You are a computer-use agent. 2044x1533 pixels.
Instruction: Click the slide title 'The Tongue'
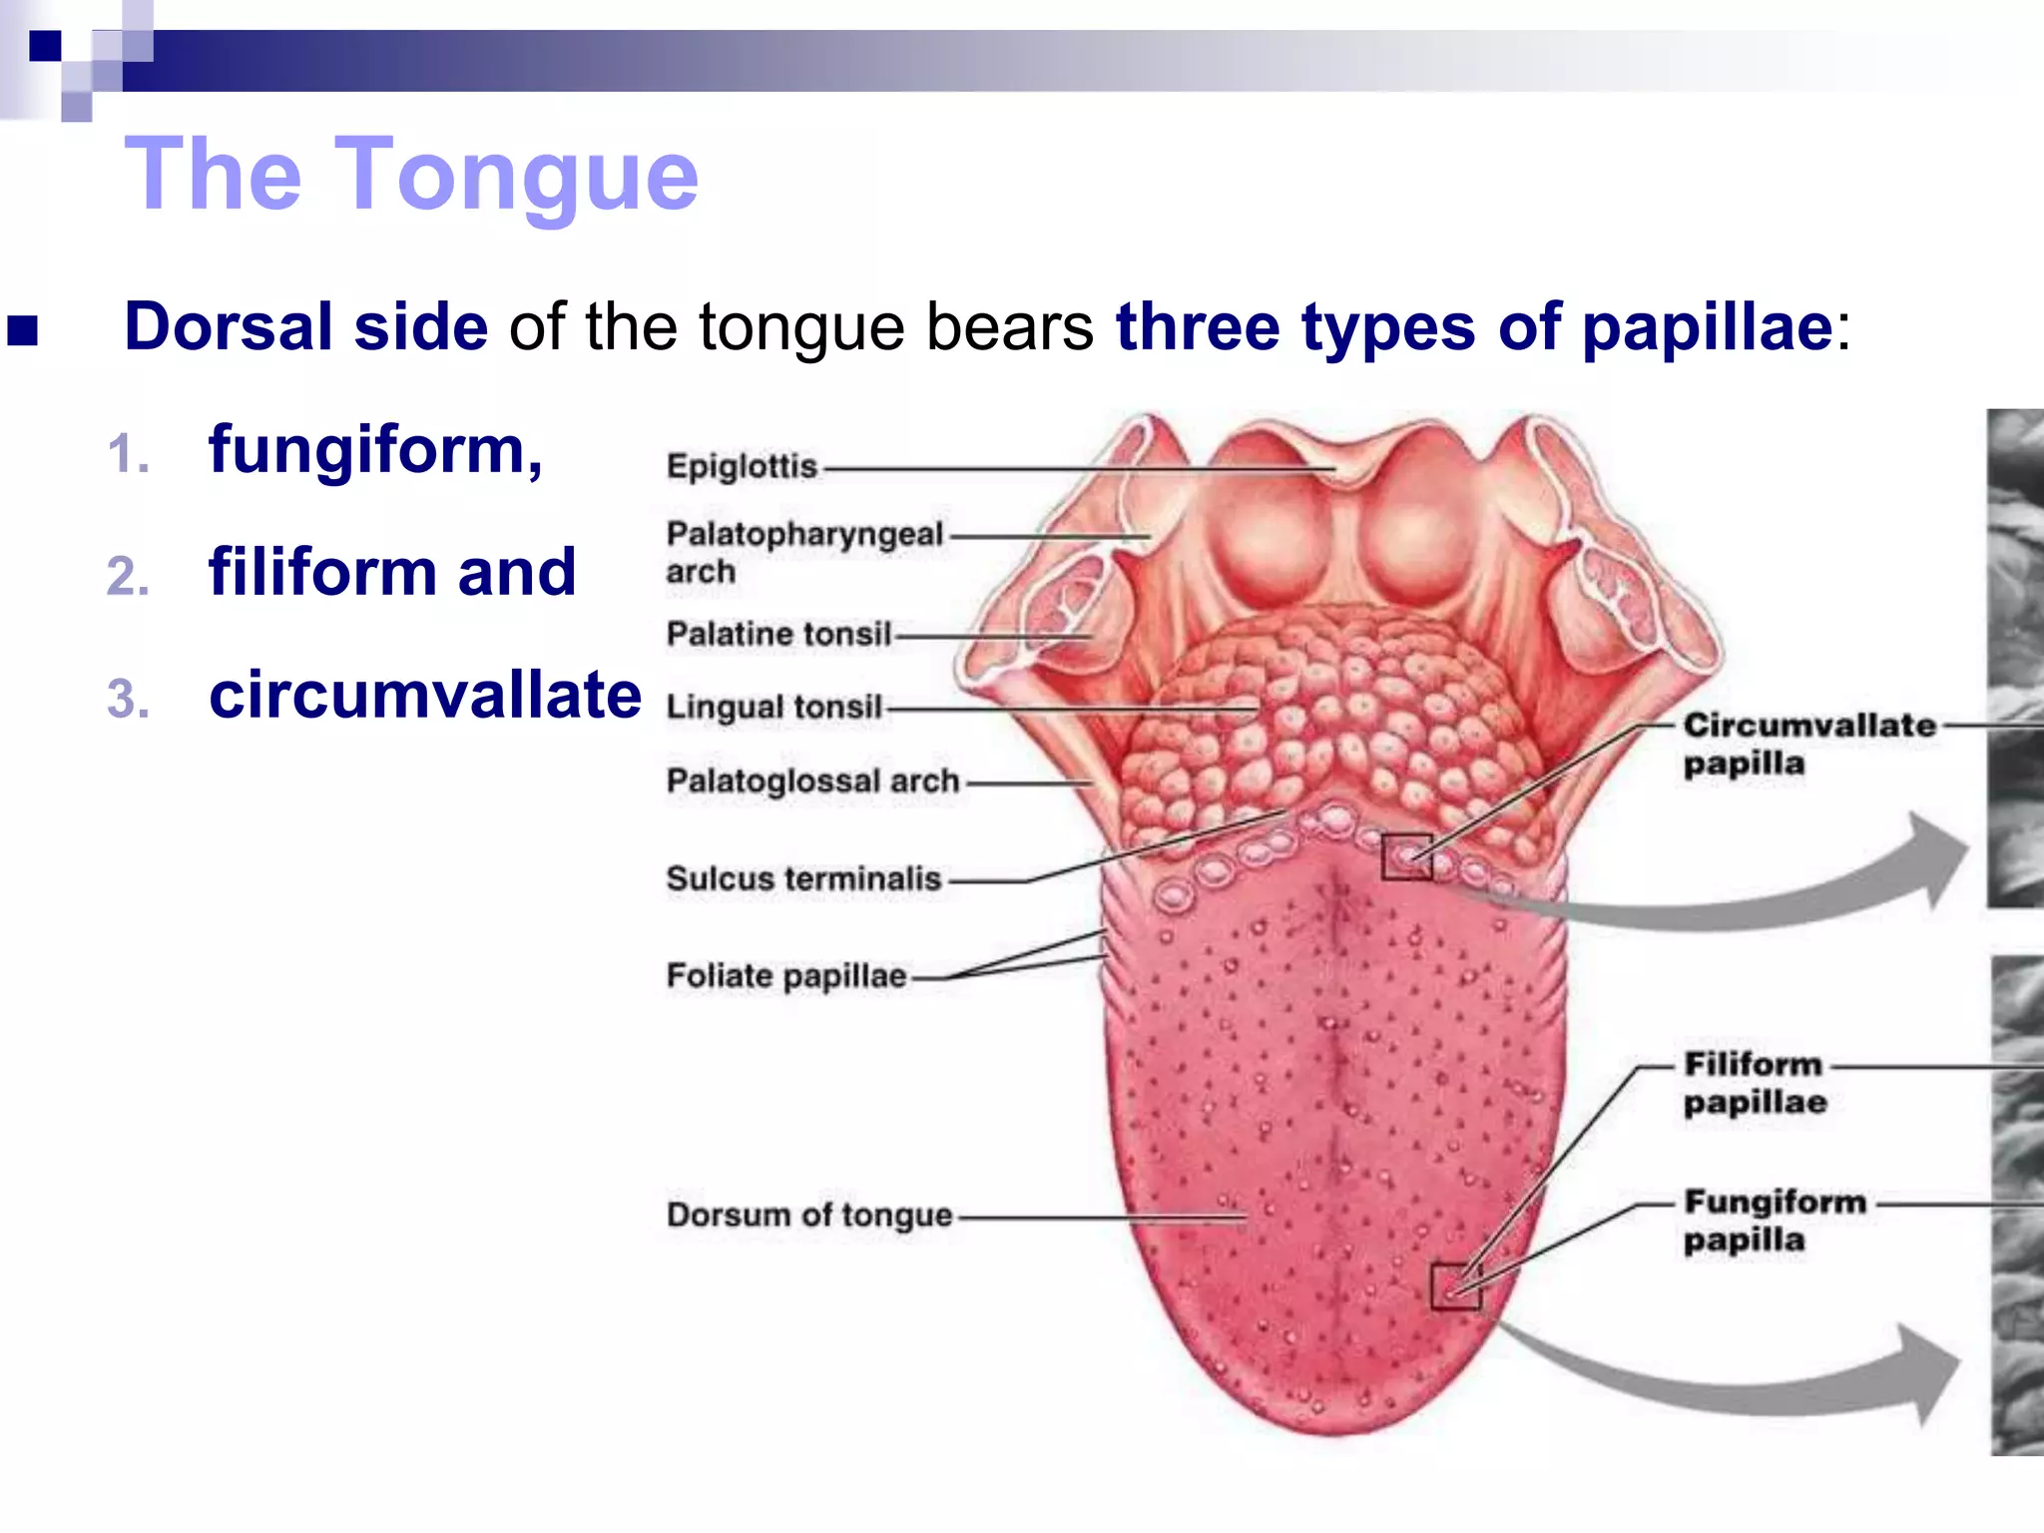411,175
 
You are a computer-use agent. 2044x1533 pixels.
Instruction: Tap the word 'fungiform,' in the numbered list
375,450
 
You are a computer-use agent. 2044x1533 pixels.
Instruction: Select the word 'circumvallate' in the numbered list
425,695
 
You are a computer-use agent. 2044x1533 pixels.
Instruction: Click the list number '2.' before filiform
128,577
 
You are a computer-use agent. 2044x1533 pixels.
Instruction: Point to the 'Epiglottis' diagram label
742,466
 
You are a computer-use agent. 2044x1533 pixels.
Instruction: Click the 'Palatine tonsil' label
778,634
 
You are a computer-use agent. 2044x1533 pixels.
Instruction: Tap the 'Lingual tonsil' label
774,707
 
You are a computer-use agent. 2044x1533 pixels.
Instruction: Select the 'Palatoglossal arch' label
812,780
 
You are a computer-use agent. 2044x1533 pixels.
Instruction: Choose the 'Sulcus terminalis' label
803,878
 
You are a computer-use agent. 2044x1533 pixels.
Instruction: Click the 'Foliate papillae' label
786,975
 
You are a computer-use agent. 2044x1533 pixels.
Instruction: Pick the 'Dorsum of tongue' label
809,1215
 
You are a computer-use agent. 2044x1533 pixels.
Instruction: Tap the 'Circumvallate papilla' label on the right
1807,744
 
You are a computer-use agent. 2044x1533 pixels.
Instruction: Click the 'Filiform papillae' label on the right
1755,1083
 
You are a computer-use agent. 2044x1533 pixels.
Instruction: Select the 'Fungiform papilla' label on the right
1774,1220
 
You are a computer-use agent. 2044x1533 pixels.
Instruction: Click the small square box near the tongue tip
1456,1285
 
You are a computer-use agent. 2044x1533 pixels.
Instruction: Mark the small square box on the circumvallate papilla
1407,856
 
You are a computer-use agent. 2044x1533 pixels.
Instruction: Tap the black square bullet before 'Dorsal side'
22,329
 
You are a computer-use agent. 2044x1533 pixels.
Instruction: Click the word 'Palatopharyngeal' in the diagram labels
804,534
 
